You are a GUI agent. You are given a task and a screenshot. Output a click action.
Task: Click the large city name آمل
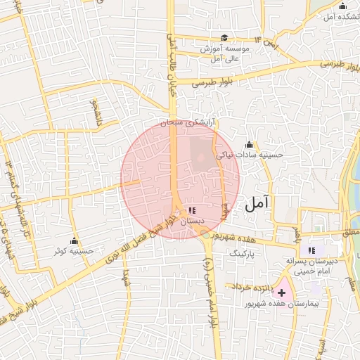[x=257, y=205]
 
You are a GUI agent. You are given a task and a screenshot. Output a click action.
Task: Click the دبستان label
[x=193, y=221]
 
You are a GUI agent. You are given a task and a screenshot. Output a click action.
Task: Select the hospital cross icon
[x=282, y=292]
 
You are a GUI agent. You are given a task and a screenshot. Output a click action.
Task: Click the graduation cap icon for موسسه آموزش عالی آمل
[x=224, y=38]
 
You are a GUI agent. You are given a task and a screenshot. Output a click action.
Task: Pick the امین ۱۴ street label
[x=267, y=41]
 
